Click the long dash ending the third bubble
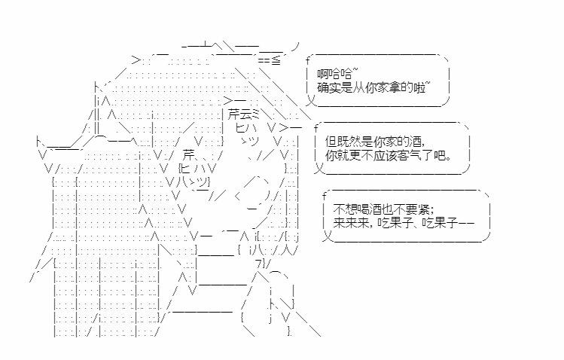[x=466, y=224]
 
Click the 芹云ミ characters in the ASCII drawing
[x=242, y=114]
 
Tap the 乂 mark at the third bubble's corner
[x=326, y=236]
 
